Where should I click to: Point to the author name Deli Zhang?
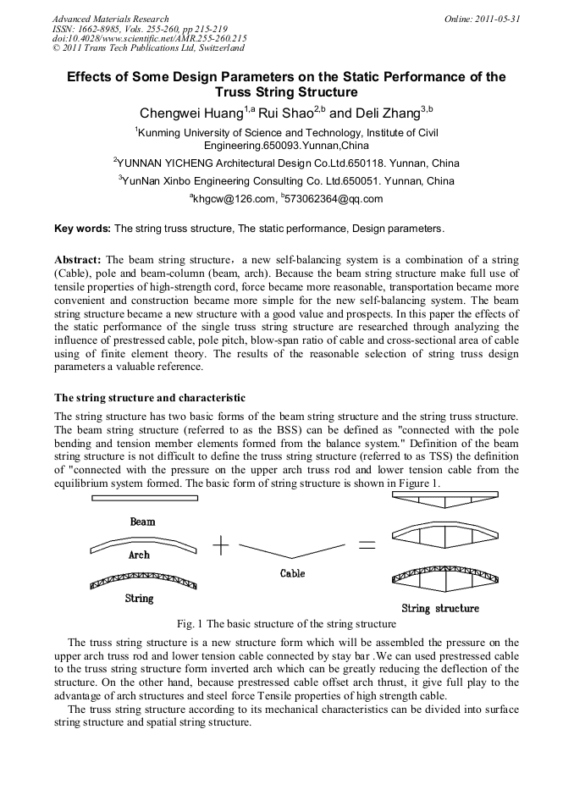[x=386, y=113]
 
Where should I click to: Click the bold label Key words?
[x=82, y=229]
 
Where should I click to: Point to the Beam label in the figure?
[x=142, y=522]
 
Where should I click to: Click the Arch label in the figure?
[x=139, y=555]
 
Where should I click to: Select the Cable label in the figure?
[x=292, y=573]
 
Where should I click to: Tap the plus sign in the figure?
[x=221, y=546]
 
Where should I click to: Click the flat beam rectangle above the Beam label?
[x=144, y=498]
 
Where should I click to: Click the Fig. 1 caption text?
[x=286, y=624]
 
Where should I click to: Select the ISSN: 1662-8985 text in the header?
[x=87, y=27]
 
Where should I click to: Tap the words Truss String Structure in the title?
[x=286, y=91]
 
